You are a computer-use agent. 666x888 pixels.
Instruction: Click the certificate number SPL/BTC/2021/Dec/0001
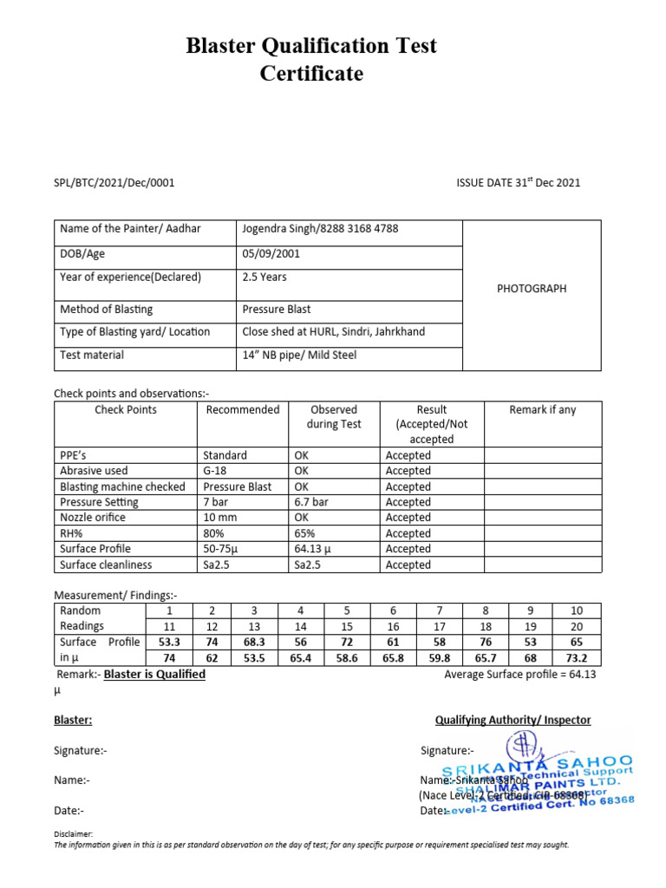tap(114, 182)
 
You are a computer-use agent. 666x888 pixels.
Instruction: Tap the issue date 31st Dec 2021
tap(518, 182)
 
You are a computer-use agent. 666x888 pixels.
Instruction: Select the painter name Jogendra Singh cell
tap(320, 228)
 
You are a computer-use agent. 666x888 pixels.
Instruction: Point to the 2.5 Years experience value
tap(264, 277)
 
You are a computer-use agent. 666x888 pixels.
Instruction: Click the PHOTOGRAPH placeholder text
tap(532, 289)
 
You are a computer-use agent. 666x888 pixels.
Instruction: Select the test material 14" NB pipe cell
tap(299, 355)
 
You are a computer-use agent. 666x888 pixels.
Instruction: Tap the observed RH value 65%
tap(304, 533)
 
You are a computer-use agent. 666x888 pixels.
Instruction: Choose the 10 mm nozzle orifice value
tap(220, 518)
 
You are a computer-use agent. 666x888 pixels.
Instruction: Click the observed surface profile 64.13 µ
tap(317, 549)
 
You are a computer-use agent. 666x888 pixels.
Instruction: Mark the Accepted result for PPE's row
tap(408, 455)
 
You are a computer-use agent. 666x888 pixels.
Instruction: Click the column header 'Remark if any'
tap(542, 410)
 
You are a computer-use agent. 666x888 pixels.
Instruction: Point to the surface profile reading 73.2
tap(577, 658)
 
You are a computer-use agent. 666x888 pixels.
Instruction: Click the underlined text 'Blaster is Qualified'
tap(154, 674)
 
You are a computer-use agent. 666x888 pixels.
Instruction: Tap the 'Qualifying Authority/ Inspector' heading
tap(513, 720)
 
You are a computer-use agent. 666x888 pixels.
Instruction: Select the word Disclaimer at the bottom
tap(73, 833)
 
